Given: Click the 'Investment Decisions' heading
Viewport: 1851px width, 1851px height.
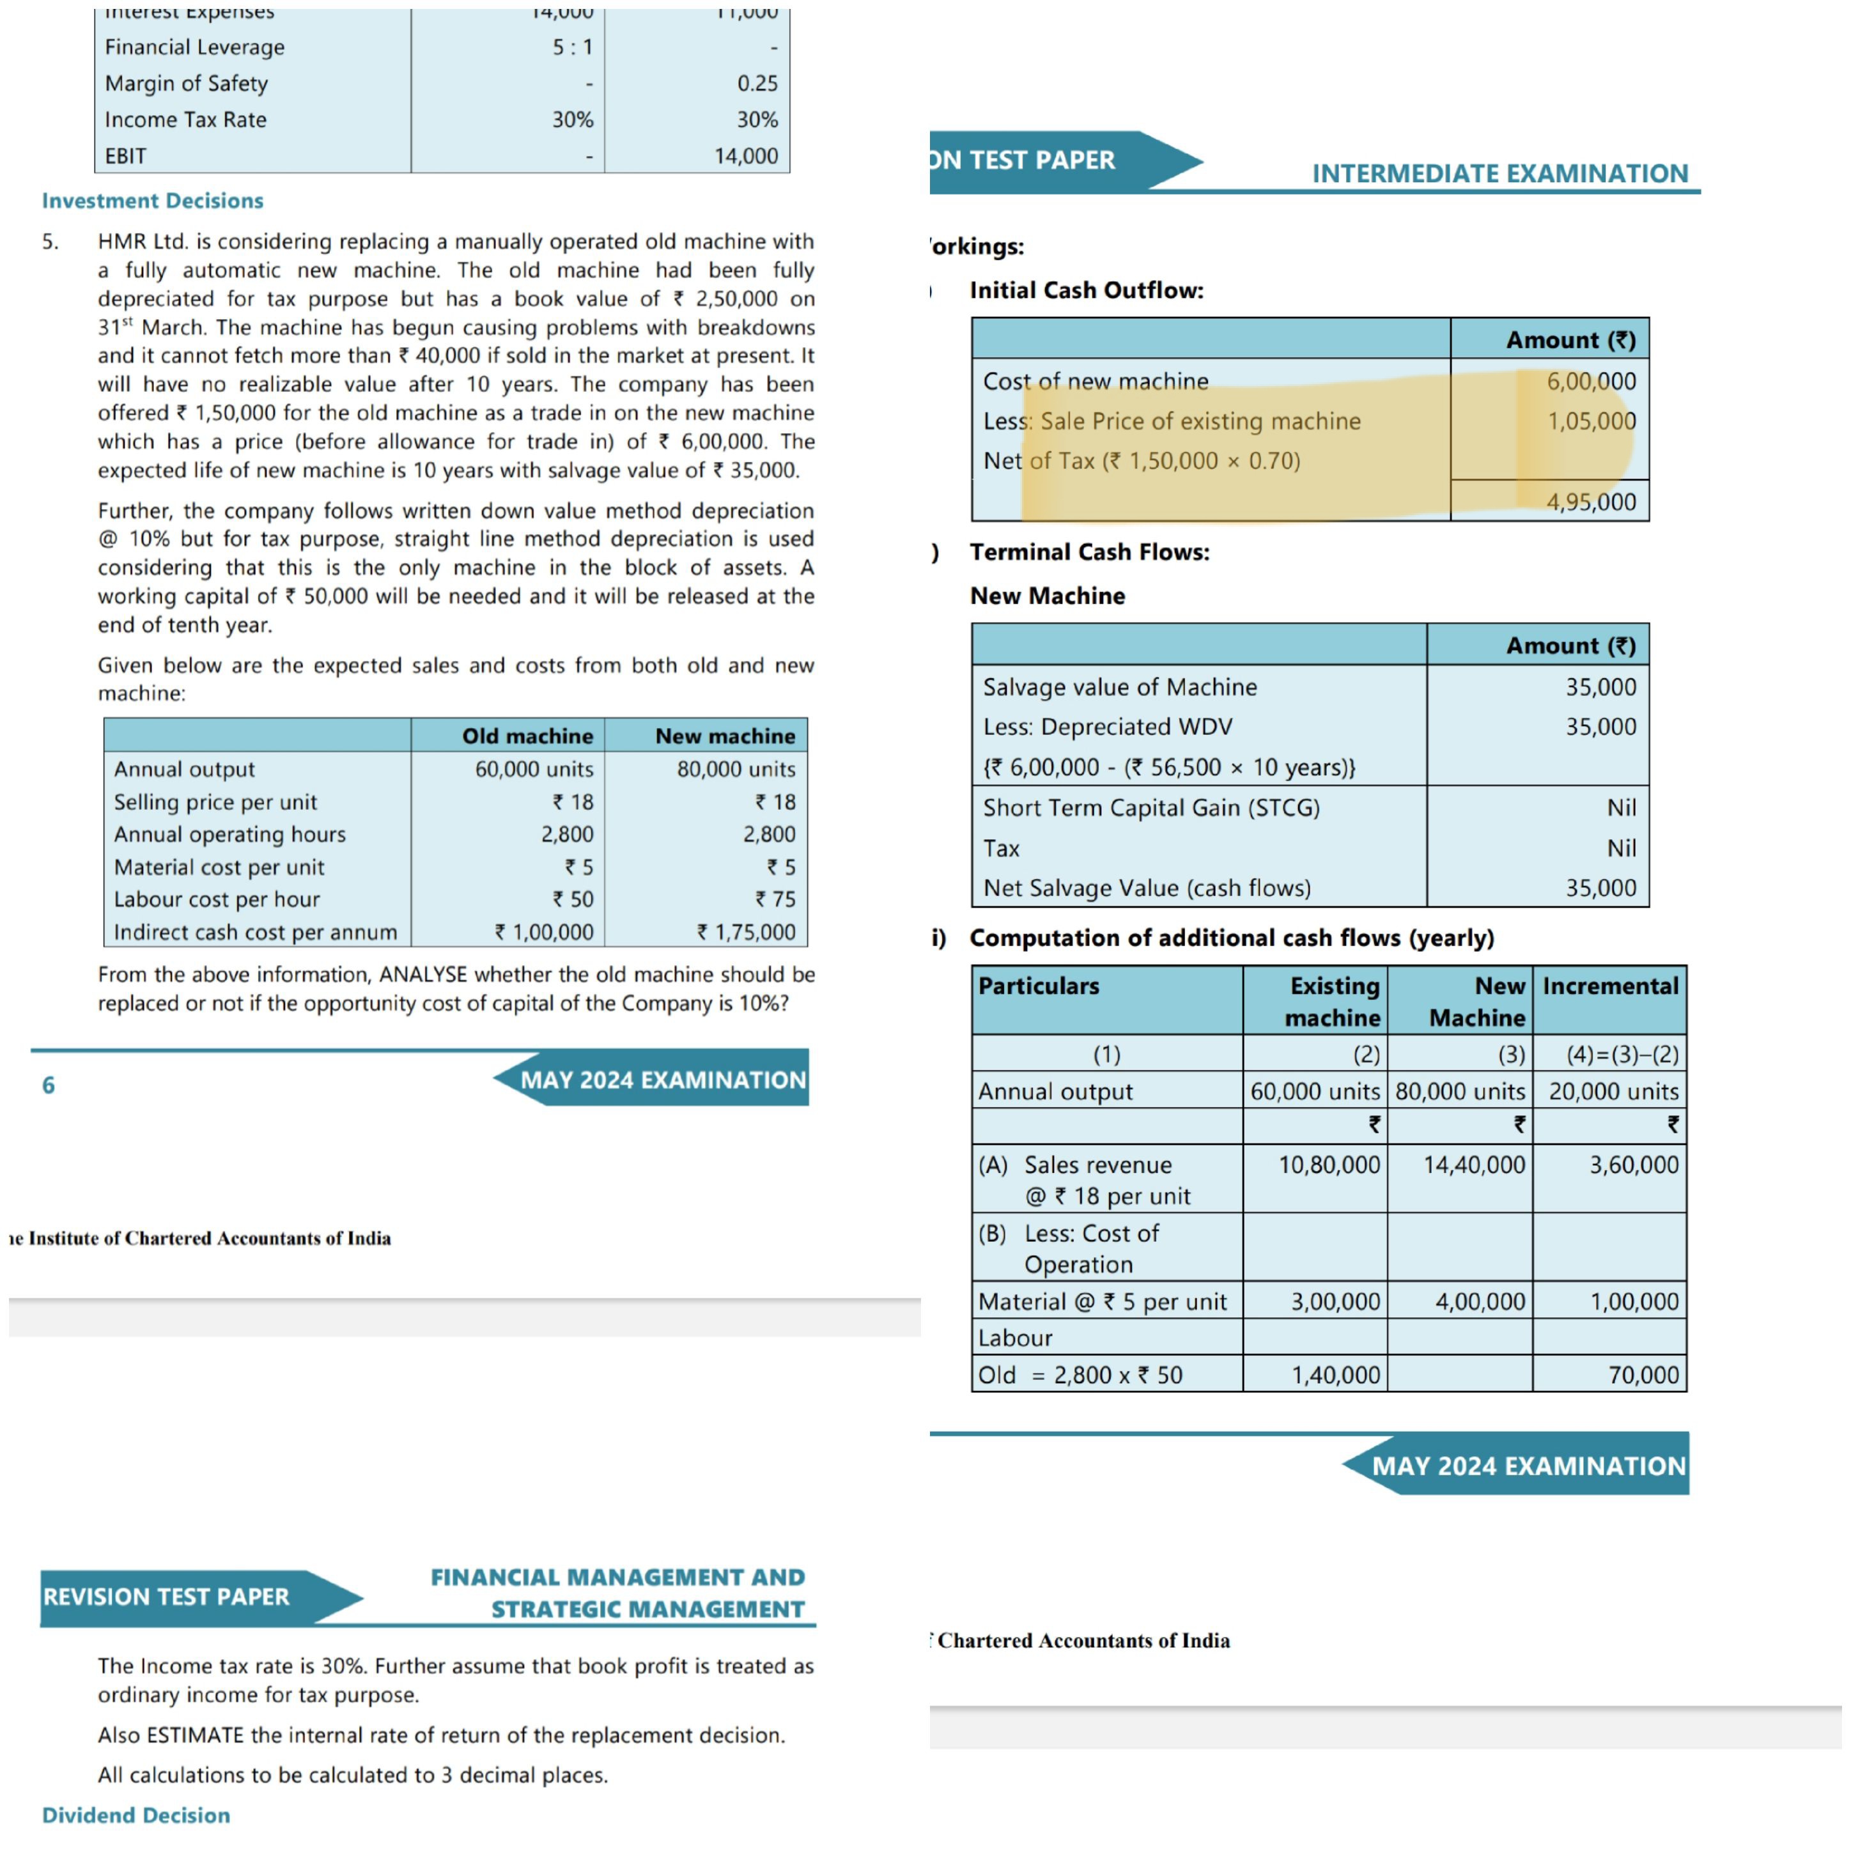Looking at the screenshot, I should pos(152,200).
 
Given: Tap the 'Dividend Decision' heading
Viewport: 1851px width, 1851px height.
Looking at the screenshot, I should pos(136,1815).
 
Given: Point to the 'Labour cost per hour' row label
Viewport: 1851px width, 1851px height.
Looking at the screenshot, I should pos(217,899).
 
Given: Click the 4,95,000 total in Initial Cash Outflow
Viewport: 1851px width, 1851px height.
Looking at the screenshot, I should pos(1590,501).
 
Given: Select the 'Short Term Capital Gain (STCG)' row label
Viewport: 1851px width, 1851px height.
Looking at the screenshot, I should pos(1150,808).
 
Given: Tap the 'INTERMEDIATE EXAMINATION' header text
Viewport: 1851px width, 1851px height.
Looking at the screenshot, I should pos(1499,173).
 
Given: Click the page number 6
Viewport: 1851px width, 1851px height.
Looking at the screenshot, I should pos(48,1085).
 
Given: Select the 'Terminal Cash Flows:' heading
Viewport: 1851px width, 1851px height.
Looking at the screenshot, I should pos(1089,552).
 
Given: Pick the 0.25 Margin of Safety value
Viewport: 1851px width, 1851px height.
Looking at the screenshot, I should pos(757,83).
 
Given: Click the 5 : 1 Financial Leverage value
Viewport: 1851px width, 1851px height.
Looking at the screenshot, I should pos(572,47).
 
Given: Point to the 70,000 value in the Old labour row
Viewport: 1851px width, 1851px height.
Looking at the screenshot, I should pos(1643,1375).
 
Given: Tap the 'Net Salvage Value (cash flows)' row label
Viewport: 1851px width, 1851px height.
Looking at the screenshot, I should pos(1147,888).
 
